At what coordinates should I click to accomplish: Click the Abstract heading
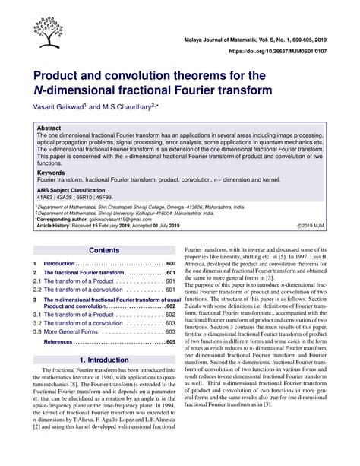49,129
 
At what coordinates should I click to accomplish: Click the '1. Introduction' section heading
104,360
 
